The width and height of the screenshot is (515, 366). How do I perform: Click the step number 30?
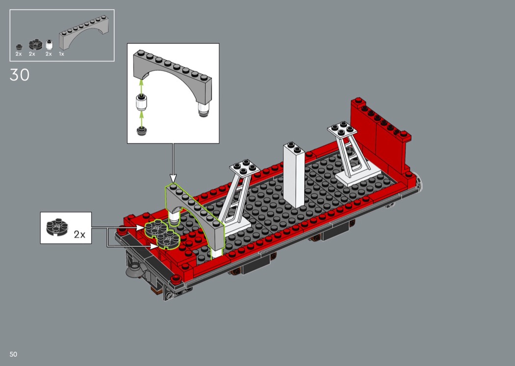point(20,75)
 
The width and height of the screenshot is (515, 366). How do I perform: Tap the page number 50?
point(13,354)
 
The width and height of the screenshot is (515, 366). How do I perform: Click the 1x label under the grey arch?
point(61,54)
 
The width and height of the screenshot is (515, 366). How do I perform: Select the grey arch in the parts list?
point(84,32)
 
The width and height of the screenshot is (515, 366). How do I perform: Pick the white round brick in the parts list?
point(49,45)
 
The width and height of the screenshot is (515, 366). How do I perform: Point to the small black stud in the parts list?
point(19,47)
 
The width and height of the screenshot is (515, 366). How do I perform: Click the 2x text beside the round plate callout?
point(79,234)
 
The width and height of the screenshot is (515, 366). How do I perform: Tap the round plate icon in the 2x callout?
point(57,227)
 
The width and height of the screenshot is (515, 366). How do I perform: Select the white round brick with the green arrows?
point(142,103)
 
